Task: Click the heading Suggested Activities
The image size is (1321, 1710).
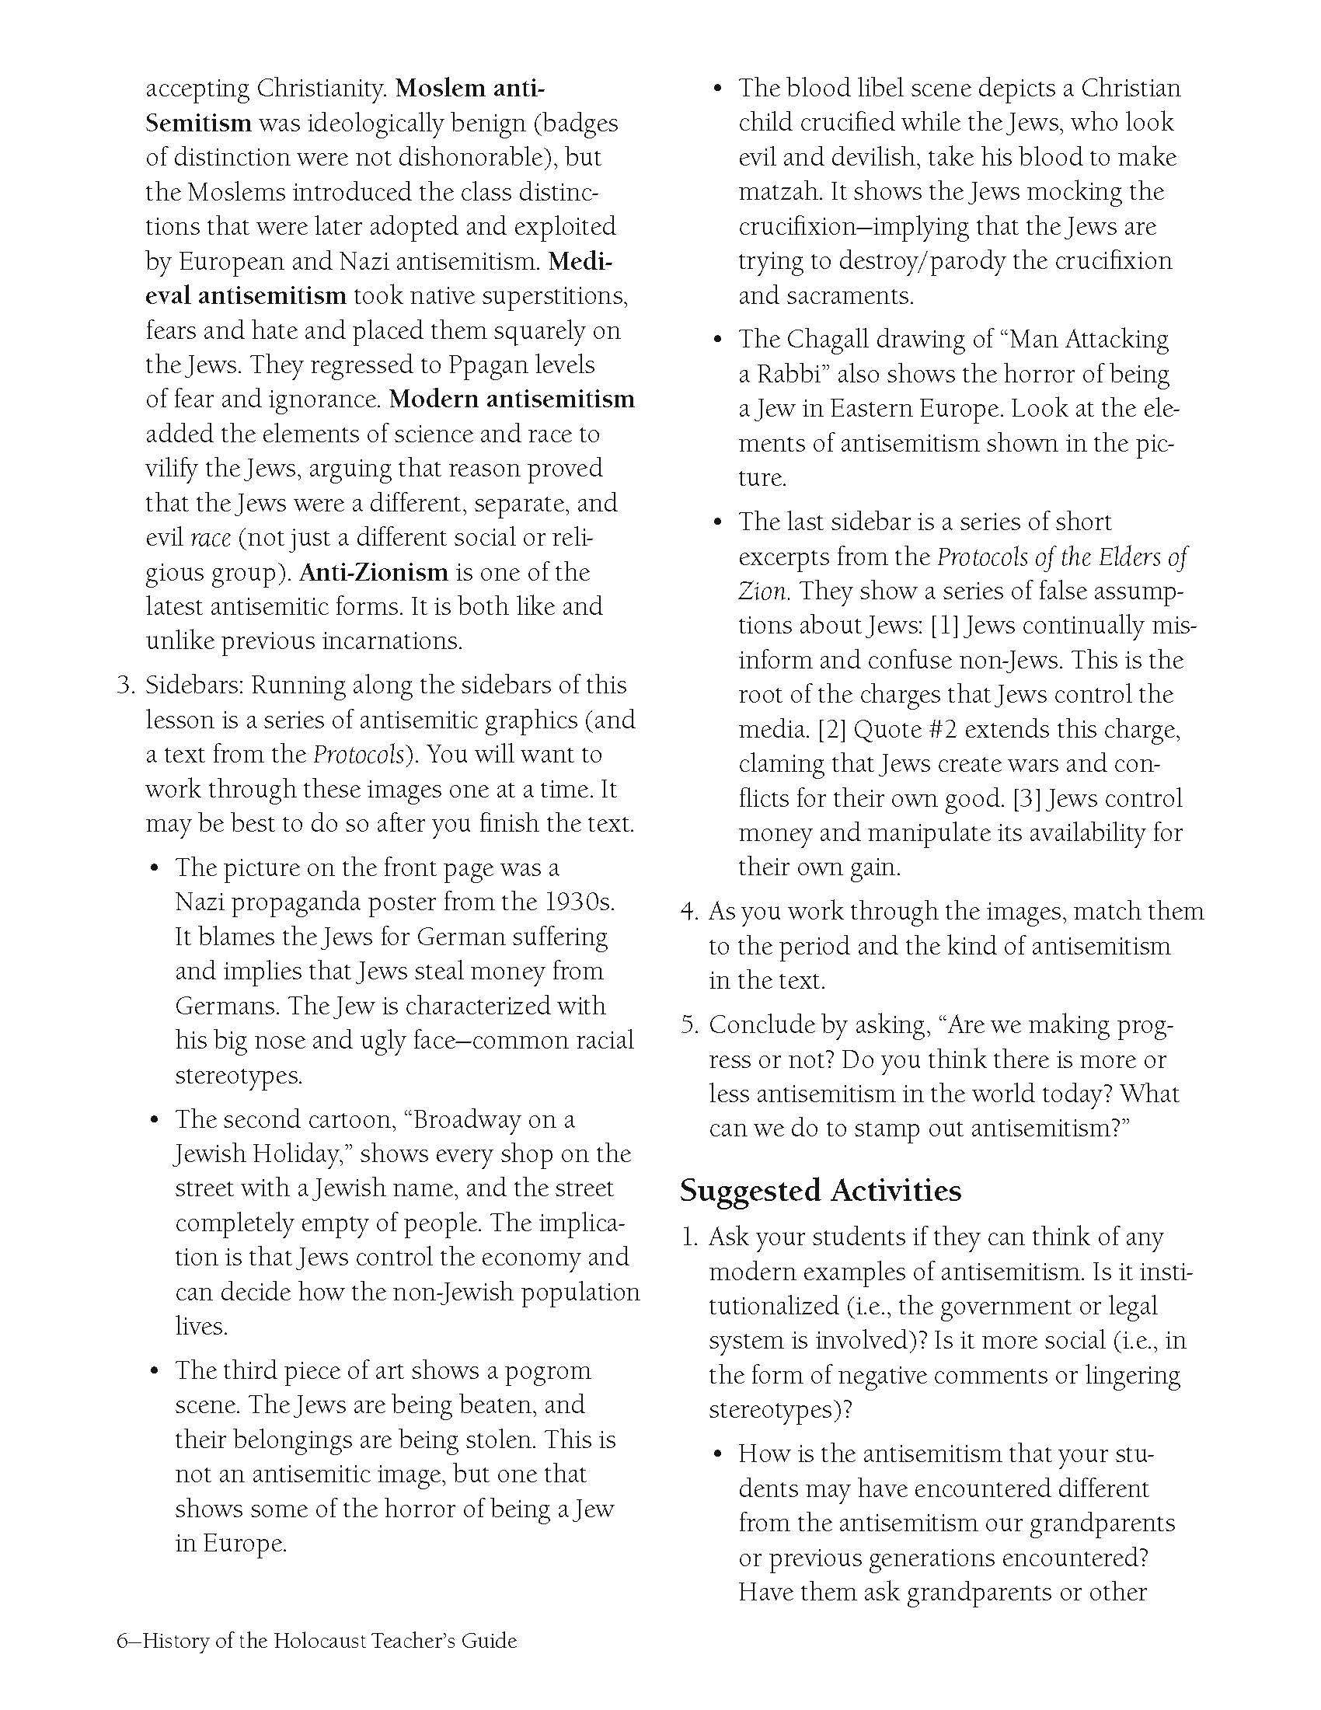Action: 820,1191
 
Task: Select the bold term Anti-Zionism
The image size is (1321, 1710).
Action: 373,572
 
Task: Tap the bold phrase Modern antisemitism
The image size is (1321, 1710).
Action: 512,400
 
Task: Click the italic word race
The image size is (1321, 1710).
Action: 211,538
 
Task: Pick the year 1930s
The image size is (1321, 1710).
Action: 577,902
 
